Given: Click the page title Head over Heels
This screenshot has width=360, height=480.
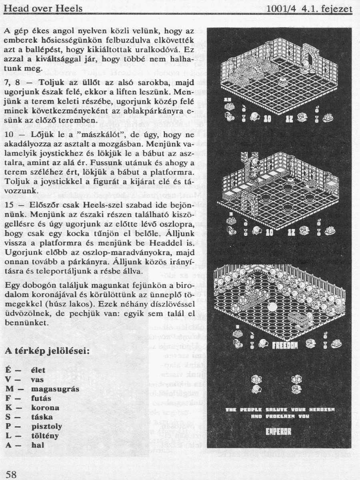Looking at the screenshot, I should pos(43,8).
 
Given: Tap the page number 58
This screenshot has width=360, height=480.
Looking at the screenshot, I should pos(12,474).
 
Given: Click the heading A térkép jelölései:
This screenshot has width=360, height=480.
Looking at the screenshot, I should pos(47,352).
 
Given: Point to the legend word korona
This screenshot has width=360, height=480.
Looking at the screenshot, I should pos(45,408).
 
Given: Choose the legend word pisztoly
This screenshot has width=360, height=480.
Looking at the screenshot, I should pos(46,426).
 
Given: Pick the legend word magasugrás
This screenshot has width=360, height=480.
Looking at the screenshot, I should pos(55,389).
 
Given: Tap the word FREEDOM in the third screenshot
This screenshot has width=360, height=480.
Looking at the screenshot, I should pos(285,343).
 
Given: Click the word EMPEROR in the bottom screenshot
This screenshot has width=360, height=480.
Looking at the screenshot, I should pos(278,431).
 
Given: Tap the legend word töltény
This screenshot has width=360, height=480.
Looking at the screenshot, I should pos(45,436).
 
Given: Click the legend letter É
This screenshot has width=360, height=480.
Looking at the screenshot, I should pos(8,370).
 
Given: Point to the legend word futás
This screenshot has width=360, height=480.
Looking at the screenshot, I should pos(41,398).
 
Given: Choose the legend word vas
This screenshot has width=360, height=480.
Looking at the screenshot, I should pos(37,380).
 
